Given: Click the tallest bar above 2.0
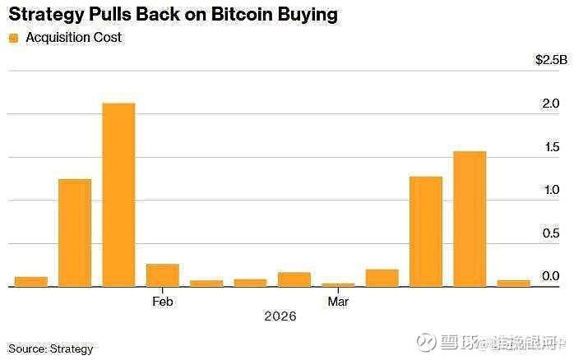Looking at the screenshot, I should tap(118, 195).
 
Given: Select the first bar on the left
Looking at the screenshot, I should tap(31, 282).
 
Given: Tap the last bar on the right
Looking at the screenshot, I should tap(514, 284).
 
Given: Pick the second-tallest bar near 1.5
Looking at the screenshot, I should tap(470, 219).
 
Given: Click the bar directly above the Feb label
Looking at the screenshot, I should tap(162, 275).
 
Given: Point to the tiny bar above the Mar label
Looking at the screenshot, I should tap(338, 285).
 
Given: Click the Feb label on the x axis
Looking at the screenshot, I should tap(162, 302).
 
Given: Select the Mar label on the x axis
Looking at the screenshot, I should tap(338, 302).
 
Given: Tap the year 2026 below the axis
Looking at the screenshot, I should tap(280, 316).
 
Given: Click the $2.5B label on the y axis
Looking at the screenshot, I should tap(550, 60).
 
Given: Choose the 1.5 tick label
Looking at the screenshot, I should tap(552, 147).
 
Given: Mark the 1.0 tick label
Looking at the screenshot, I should tap(552, 190).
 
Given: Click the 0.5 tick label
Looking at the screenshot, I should tap(552, 233).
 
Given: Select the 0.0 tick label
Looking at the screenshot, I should tap(552, 276).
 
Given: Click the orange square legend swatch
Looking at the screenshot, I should tap(12, 38).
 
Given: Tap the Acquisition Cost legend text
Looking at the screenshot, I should tap(74, 38).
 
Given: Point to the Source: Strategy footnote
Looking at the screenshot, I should tap(51, 348).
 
